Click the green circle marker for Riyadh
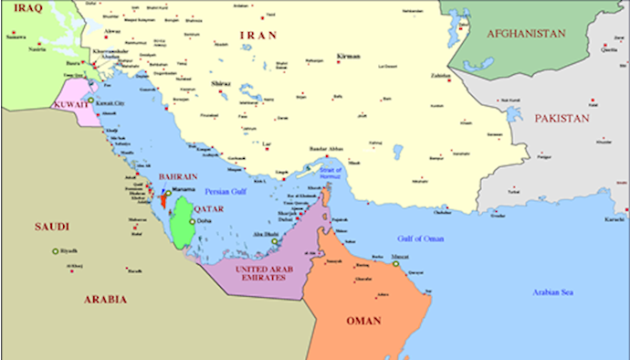point(55,251)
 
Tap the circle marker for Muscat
point(383,259)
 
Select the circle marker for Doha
point(193,221)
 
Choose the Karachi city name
point(614,220)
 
